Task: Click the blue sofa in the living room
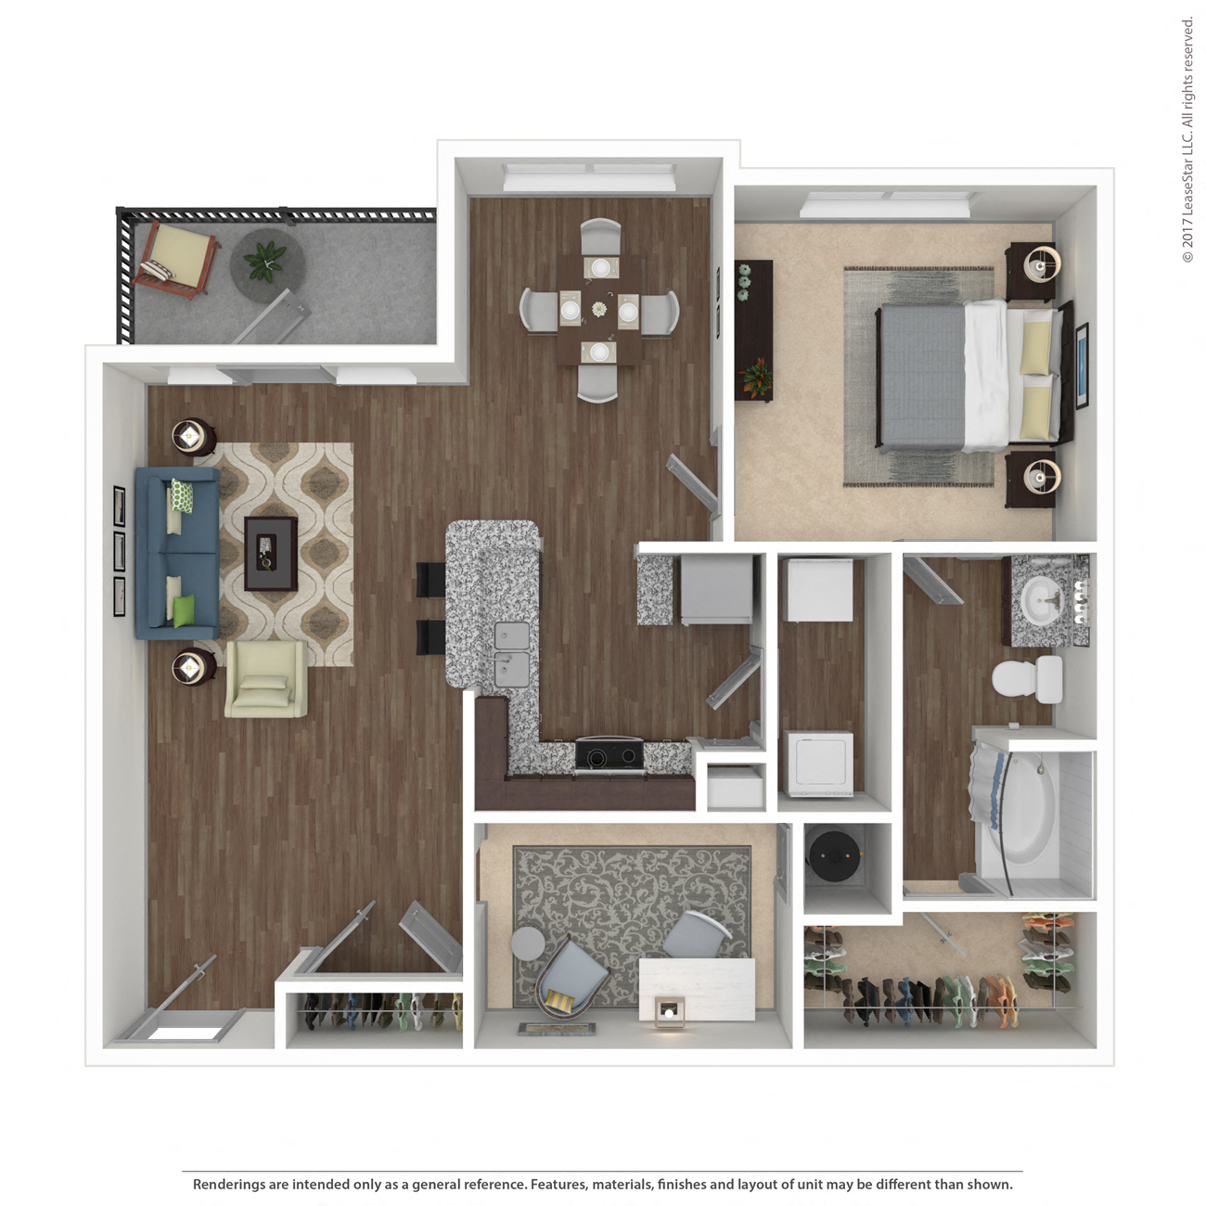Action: tap(177, 553)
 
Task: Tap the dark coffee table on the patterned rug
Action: tap(270, 553)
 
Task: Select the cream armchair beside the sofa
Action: tap(266, 678)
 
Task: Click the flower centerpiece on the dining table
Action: tap(599, 309)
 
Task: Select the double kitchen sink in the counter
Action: tap(512, 653)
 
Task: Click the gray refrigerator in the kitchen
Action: tap(716, 589)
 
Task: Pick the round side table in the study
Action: tap(528, 943)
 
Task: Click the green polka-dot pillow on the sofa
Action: tap(182, 495)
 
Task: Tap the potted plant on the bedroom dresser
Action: tap(755, 378)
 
